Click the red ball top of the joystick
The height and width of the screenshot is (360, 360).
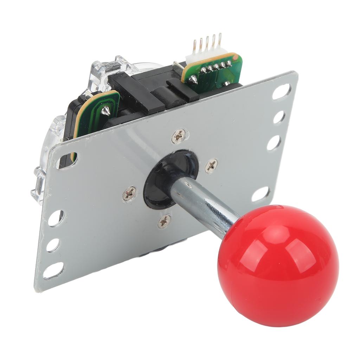(x=278, y=266)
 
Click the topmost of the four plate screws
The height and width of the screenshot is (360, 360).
(x=179, y=136)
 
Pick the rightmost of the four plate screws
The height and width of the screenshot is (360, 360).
(x=211, y=165)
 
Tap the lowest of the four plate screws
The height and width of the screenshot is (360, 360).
(x=164, y=221)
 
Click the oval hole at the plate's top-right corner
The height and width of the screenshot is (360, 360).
(x=281, y=92)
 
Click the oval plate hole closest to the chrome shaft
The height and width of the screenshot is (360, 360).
(x=261, y=194)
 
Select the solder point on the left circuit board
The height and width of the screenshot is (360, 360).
(x=104, y=111)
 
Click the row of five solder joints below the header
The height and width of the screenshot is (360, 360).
(x=215, y=66)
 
